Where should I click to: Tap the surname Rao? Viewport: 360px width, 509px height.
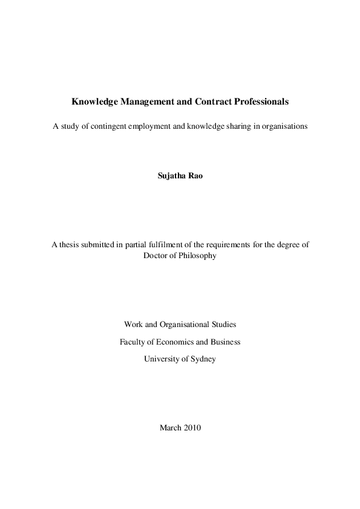(x=195, y=179)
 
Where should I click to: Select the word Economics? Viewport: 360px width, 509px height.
(x=171, y=342)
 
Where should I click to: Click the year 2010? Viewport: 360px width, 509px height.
(x=192, y=427)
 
